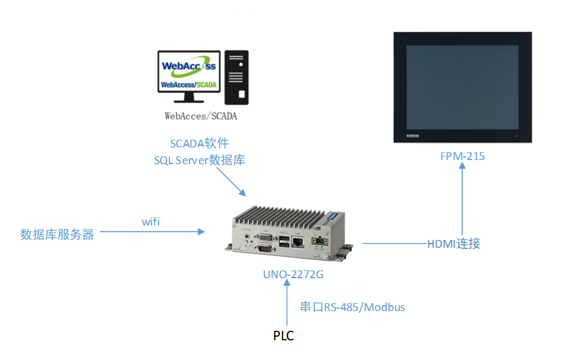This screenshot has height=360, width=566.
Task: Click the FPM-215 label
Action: tap(462, 156)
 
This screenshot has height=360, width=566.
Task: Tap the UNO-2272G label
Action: tap(293, 275)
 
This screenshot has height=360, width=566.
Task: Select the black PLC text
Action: tap(284, 336)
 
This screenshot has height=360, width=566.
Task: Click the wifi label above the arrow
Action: tap(150, 221)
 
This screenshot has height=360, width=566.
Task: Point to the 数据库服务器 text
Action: tap(57, 235)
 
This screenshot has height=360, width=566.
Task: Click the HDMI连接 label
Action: tap(454, 244)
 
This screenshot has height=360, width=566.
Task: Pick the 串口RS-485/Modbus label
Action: tap(352, 307)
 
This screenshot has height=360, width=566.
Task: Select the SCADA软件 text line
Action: tap(199, 143)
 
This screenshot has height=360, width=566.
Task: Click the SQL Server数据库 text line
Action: tap(199, 160)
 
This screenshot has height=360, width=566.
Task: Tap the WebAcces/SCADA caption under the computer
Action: tap(201, 116)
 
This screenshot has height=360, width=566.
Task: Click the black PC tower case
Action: tap(236, 78)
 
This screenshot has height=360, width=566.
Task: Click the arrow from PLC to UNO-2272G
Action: tap(287, 303)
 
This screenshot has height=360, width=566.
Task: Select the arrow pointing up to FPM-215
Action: tap(462, 199)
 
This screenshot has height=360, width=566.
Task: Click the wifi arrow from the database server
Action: tap(152, 232)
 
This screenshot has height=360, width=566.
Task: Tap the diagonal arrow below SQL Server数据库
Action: tap(232, 182)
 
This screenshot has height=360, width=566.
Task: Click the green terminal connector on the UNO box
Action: tap(320, 241)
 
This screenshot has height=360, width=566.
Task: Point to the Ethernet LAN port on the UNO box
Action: tap(297, 242)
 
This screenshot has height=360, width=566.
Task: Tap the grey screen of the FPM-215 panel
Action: tap(462, 87)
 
